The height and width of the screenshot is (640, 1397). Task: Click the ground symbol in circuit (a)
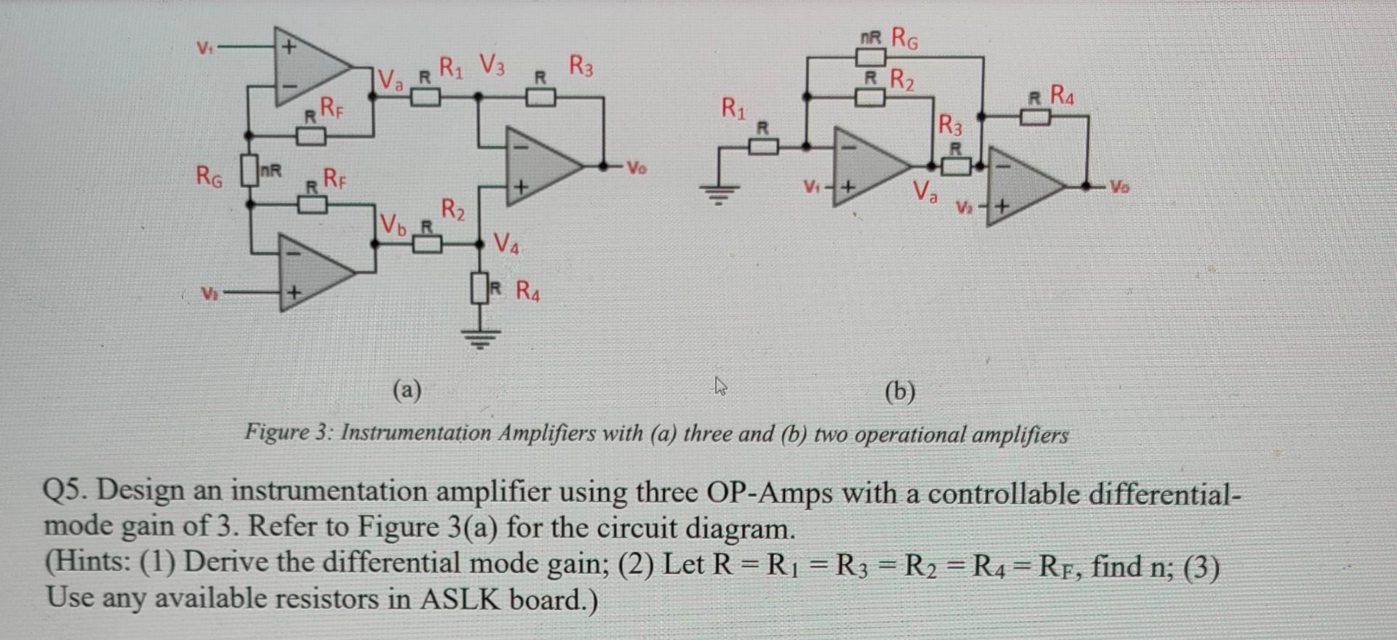(x=479, y=337)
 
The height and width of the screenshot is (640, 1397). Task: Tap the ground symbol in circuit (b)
(x=719, y=194)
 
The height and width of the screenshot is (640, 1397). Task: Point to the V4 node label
(x=506, y=243)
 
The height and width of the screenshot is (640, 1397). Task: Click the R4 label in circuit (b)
(x=1062, y=95)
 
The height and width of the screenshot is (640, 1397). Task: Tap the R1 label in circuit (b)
(x=733, y=109)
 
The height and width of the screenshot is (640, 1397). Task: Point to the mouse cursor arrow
(x=720, y=385)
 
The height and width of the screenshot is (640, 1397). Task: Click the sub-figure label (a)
(x=407, y=391)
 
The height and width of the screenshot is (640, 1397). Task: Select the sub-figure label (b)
(x=900, y=392)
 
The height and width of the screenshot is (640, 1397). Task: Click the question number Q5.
(x=66, y=491)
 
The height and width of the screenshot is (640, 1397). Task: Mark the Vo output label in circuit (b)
(x=1121, y=187)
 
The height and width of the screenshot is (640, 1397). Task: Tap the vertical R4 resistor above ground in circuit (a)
(x=479, y=289)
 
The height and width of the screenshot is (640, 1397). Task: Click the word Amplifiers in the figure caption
(x=546, y=433)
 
